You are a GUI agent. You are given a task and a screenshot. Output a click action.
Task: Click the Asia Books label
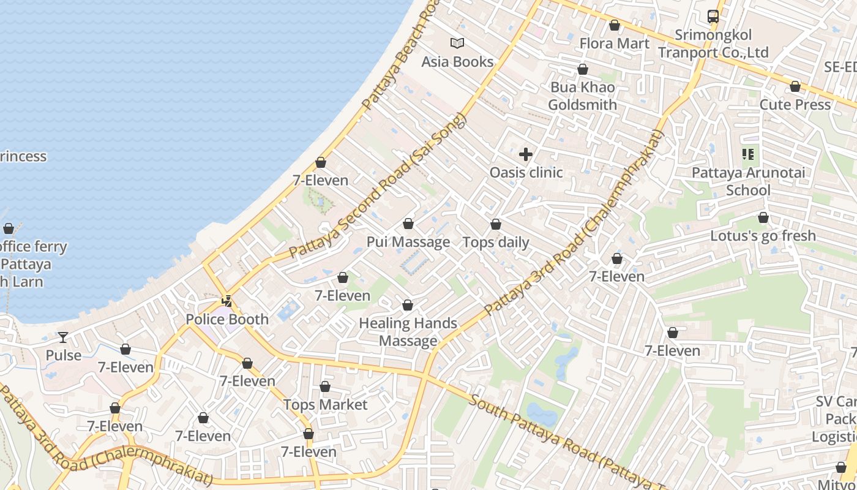(457, 62)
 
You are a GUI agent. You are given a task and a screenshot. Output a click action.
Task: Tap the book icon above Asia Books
(457, 43)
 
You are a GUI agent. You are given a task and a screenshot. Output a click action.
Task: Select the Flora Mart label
(614, 43)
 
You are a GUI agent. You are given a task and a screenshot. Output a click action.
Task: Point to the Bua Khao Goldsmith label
(582, 96)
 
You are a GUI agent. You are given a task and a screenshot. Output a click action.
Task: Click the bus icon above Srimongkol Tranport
(713, 17)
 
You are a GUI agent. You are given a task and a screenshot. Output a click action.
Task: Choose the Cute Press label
(795, 105)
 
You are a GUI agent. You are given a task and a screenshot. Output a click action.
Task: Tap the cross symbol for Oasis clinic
(526, 154)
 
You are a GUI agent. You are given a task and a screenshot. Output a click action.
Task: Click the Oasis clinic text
(526, 173)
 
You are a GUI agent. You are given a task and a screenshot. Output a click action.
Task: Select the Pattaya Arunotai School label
(748, 181)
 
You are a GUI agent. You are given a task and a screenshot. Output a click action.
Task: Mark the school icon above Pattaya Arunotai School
(747, 154)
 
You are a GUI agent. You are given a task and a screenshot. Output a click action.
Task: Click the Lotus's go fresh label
(763, 236)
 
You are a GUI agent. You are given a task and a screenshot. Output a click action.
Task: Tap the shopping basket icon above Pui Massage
(408, 224)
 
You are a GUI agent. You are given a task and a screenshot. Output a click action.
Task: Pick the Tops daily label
(496, 243)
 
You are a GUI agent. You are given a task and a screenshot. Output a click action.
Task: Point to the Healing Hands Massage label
(408, 332)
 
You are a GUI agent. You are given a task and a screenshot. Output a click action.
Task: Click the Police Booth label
(227, 320)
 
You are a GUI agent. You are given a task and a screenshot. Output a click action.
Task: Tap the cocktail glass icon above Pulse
(63, 337)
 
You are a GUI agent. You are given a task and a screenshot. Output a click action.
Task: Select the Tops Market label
(325, 405)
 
